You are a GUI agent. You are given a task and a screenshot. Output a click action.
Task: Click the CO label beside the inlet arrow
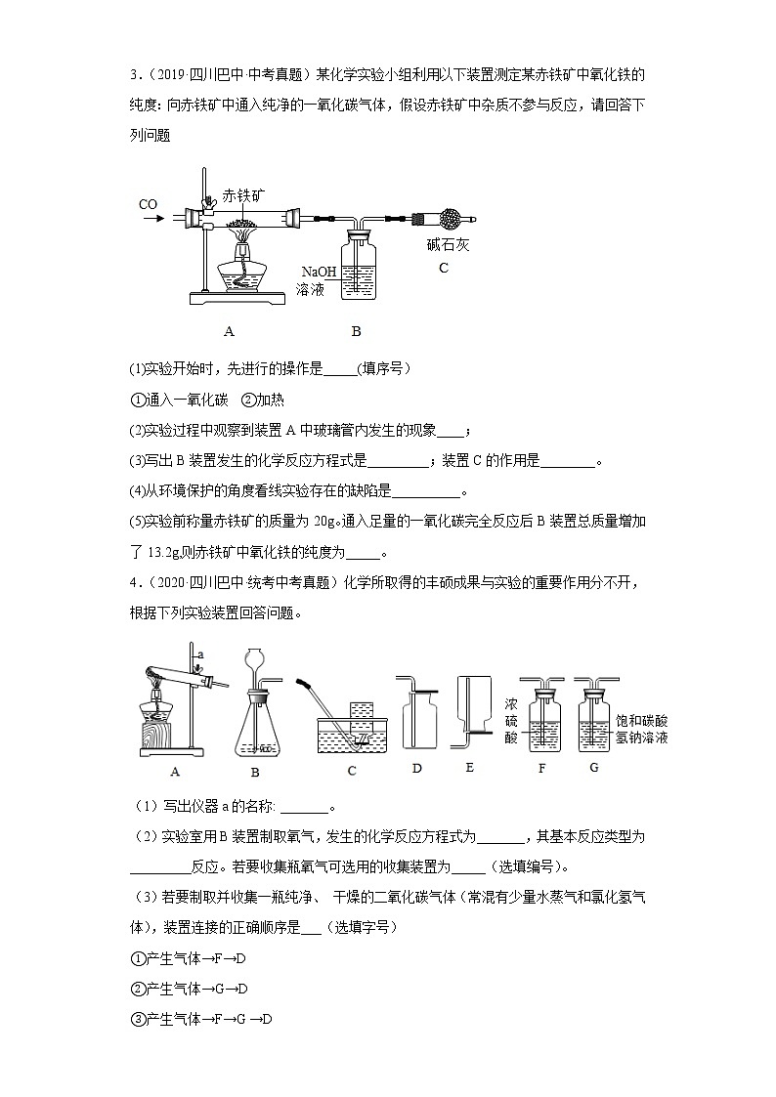click(148, 204)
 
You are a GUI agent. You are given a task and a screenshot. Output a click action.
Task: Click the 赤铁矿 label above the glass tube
click(243, 194)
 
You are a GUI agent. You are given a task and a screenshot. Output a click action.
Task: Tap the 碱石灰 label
click(448, 245)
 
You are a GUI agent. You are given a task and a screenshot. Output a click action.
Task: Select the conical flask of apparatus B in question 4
click(254, 731)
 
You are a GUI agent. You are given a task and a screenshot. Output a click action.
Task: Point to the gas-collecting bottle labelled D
click(415, 716)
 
